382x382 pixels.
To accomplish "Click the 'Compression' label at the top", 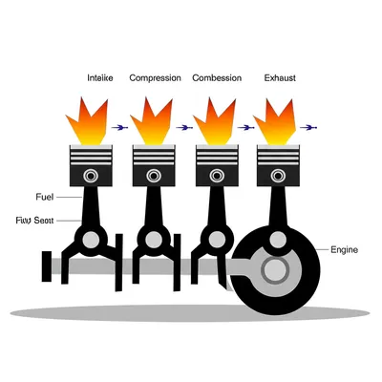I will point(155,77).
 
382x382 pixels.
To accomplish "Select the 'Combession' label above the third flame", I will point(218,77).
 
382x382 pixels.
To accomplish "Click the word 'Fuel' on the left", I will point(44,197).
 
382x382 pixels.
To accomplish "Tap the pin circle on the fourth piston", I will point(276,176).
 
